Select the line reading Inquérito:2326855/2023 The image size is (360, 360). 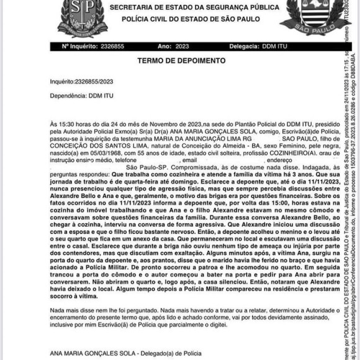click(x=81, y=81)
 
